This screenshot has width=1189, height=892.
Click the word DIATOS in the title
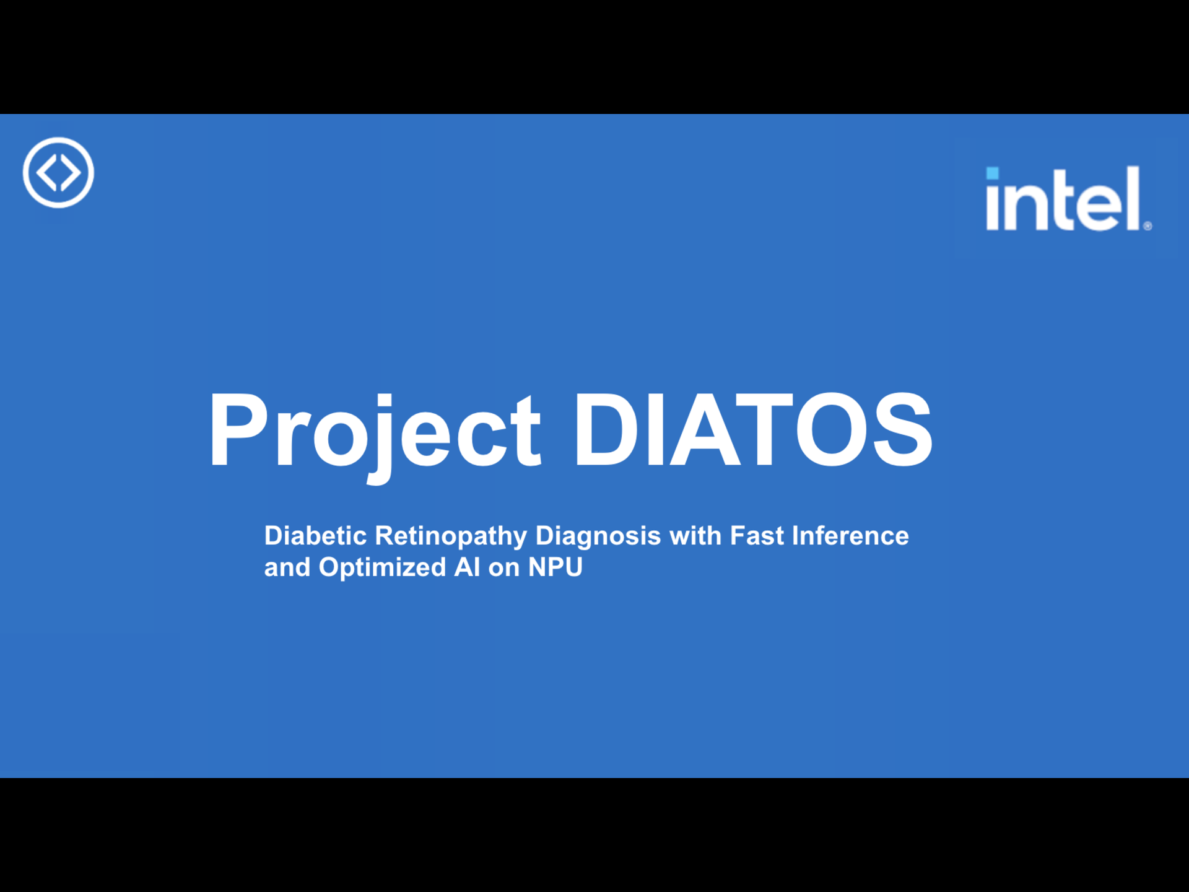753,429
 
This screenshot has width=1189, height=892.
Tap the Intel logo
1068,198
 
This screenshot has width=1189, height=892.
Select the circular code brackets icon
58,172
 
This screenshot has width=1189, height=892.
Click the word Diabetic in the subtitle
315,536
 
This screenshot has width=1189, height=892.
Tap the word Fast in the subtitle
757,536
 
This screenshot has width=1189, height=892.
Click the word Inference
850,536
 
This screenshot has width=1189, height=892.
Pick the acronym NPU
555,567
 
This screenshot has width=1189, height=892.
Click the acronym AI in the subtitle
467,567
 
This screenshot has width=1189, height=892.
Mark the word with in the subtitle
695,536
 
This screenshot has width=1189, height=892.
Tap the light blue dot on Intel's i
992,173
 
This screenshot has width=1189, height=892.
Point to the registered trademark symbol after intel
1148,226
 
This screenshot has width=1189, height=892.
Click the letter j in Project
382,437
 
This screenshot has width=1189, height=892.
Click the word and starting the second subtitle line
287,567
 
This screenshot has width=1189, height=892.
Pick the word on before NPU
504,569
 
